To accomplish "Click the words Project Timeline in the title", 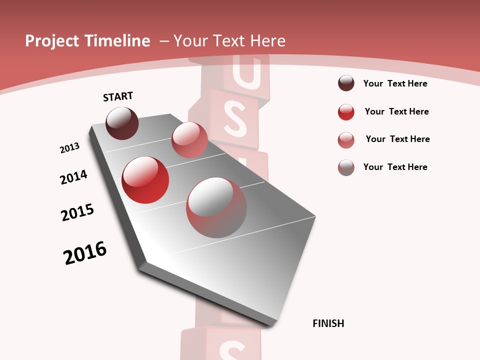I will click(x=87, y=41).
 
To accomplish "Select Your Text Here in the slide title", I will click(x=229, y=41).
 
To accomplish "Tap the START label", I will click(x=118, y=96).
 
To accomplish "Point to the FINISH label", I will click(x=328, y=323).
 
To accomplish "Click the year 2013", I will click(x=69, y=148).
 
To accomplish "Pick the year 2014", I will click(x=73, y=177).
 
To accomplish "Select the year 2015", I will click(x=77, y=212).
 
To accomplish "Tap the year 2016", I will click(x=85, y=252).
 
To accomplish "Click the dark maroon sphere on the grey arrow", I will click(x=122, y=123).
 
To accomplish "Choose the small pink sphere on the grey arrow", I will click(x=189, y=140).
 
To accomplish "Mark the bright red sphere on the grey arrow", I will click(x=145, y=180).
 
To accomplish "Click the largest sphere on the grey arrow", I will click(x=216, y=207).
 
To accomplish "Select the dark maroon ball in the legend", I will click(x=346, y=83).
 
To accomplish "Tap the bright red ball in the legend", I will click(x=346, y=111).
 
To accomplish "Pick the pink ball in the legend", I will click(x=346, y=139).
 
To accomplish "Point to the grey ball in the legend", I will click(x=346, y=167).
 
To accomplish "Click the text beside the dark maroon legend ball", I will click(x=395, y=83).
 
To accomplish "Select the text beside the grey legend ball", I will click(x=395, y=167).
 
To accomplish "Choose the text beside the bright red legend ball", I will click(x=396, y=111).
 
